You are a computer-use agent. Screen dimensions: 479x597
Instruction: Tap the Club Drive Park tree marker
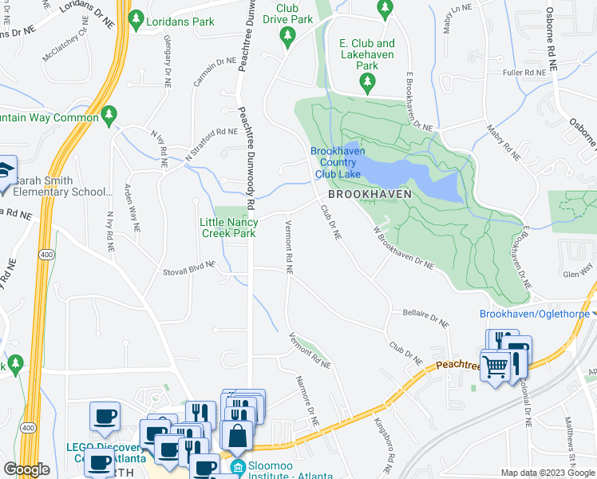[287, 35]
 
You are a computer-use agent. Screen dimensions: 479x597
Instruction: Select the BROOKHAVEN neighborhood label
[370, 194]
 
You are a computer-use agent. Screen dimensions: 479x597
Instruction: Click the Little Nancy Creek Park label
[227, 228]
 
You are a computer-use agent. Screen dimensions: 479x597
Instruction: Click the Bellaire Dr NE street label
[426, 317]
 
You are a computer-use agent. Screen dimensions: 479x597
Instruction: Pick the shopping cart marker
[496, 366]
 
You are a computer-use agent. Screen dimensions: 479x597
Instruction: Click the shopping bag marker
[237, 436]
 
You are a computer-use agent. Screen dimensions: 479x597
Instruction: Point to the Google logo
[26, 469]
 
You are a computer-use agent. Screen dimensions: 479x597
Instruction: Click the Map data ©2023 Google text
[548, 473]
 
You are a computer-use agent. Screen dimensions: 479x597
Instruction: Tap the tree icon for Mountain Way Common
[110, 117]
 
